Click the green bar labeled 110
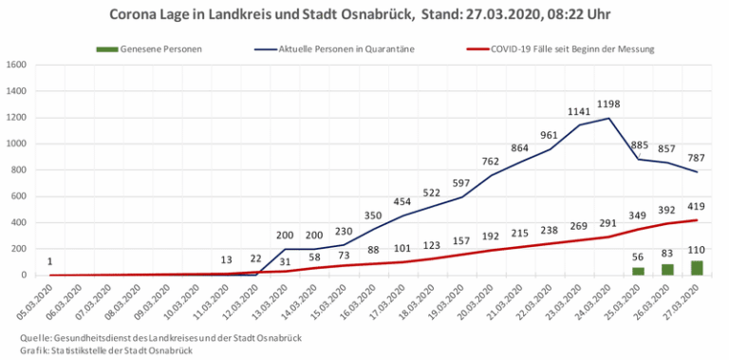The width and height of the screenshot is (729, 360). [x=697, y=268]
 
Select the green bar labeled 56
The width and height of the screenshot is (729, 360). [x=638, y=271]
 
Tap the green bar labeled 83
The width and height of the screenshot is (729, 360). [x=667, y=270]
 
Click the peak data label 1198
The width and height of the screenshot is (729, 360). [x=608, y=104]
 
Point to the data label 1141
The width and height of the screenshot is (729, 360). [x=579, y=112]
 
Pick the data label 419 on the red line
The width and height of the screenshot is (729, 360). [x=697, y=206]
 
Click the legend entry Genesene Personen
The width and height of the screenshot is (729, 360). [x=149, y=48]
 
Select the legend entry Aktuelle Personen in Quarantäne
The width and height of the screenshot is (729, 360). [x=333, y=48]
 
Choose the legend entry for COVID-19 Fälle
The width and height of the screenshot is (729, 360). [x=560, y=48]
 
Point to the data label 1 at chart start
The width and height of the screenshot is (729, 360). [x=49, y=262]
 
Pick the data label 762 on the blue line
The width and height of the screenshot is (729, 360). [x=491, y=161]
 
